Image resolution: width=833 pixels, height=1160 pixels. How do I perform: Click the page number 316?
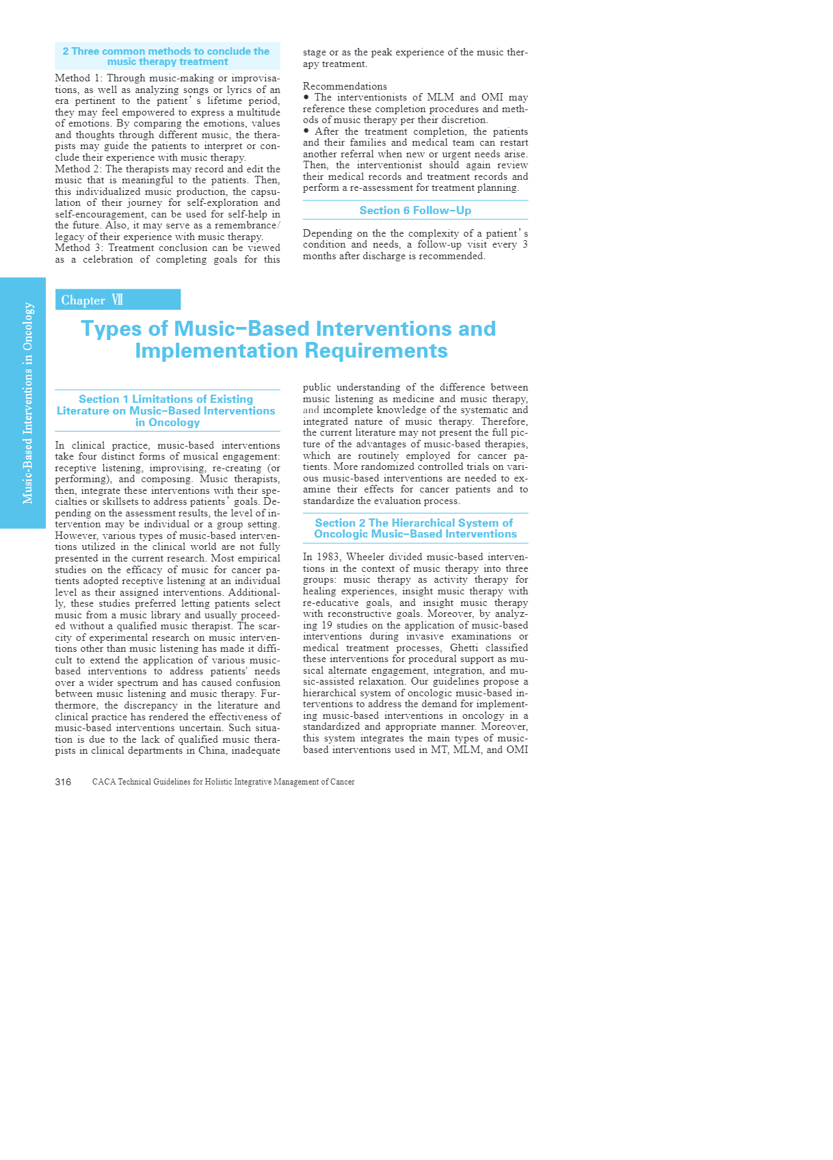point(63,782)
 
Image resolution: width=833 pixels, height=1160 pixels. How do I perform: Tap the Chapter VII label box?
point(118,300)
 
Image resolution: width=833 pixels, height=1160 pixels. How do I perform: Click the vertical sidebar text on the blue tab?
point(28,403)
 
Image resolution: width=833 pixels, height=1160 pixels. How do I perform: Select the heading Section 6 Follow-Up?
point(415,211)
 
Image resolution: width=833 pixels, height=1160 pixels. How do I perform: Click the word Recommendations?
point(345,86)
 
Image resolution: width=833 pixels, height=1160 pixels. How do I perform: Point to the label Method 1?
point(79,79)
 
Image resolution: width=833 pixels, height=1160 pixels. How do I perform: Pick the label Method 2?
point(79,169)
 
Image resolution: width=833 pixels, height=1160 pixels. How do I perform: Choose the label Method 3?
point(79,248)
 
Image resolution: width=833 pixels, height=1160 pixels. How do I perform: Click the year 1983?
point(328,557)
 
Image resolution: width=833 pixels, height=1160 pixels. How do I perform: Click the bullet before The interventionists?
point(306,97)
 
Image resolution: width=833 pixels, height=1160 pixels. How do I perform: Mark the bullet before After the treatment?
point(306,131)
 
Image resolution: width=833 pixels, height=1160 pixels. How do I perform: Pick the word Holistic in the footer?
point(219,782)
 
